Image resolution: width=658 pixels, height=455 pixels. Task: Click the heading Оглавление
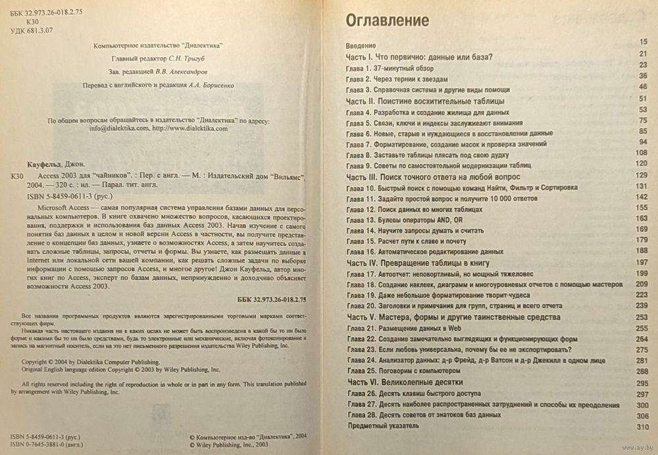coord(388,21)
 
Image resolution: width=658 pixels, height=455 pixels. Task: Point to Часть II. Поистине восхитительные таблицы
coord(425,101)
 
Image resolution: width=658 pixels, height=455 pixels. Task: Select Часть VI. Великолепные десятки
coord(405,381)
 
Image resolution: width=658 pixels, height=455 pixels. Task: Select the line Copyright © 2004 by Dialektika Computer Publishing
coord(91,362)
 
